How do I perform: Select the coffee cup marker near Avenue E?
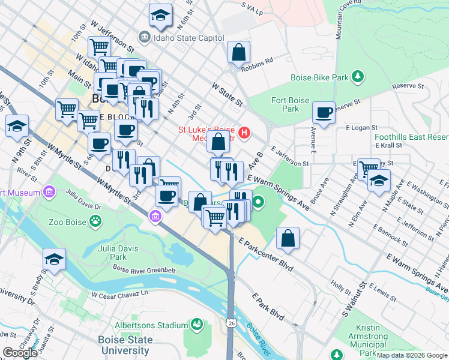pos(324,112)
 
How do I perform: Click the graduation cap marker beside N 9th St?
pos(17,126)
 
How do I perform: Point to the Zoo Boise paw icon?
pos(95,222)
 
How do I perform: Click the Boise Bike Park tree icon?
pos(358,76)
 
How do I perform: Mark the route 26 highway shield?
pos(232,323)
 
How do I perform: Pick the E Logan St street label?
pos(361,128)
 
